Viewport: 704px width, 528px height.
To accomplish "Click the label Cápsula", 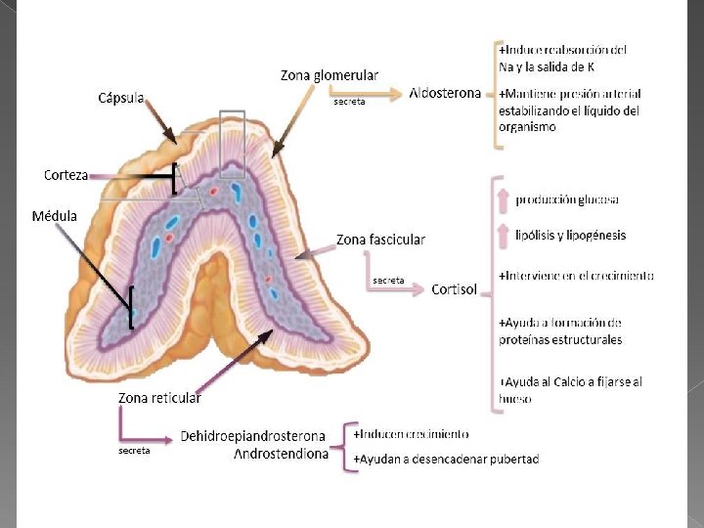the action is pos(121,98).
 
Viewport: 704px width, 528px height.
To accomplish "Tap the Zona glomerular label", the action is pos(329,75).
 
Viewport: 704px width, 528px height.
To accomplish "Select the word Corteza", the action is pos(66,175).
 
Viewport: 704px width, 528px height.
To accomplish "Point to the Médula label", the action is pos(55,215).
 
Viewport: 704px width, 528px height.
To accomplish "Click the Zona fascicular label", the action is pos(380,239).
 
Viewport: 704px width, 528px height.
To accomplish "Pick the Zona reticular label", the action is pos(159,398).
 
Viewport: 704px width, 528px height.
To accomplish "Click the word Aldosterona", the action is pos(446,94).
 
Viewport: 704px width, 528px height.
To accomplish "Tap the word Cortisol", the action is pos(455,289).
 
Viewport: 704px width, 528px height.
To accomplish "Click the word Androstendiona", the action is pos(282,454).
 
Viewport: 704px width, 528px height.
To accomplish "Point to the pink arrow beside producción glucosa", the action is pos(504,200).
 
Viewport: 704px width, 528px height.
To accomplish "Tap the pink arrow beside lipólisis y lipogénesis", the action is pos(504,235).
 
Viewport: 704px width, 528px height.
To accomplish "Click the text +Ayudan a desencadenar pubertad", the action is pos(446,459).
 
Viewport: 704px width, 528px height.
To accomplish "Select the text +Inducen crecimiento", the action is pos(411,433).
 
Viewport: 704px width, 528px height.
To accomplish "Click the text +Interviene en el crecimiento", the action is pos(576,276).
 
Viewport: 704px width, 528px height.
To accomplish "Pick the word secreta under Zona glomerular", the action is pos(349,102).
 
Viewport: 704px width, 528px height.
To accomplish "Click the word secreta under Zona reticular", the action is pos(134,451).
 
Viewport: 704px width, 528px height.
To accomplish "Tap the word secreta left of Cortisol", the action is pos(388,281).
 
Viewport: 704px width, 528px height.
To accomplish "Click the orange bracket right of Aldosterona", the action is pos(495,94).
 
